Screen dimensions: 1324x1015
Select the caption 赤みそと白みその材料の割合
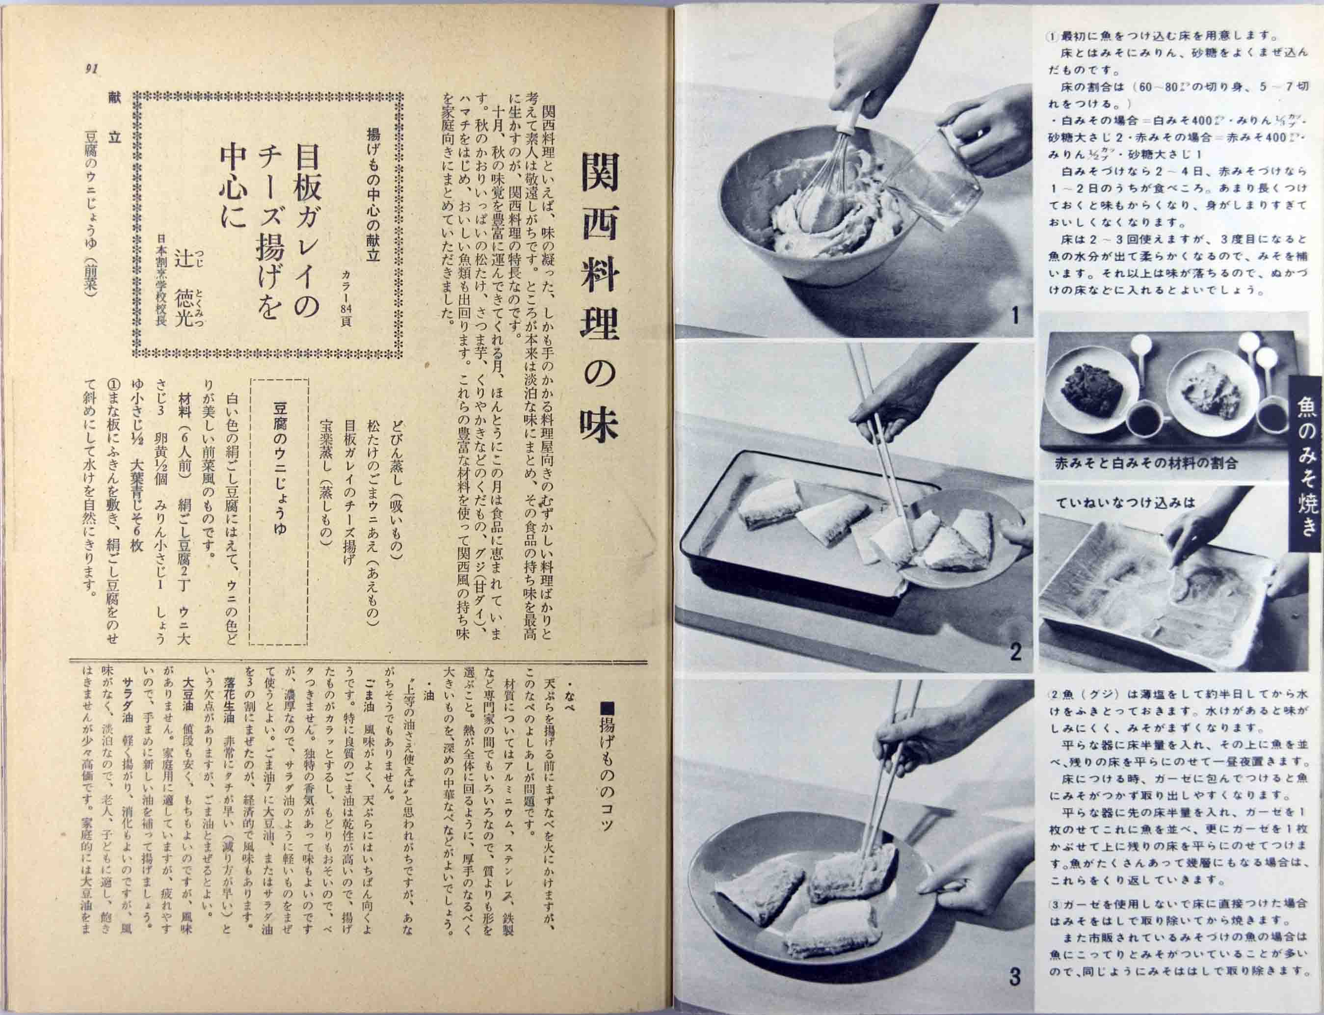[x=1140, y=463]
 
